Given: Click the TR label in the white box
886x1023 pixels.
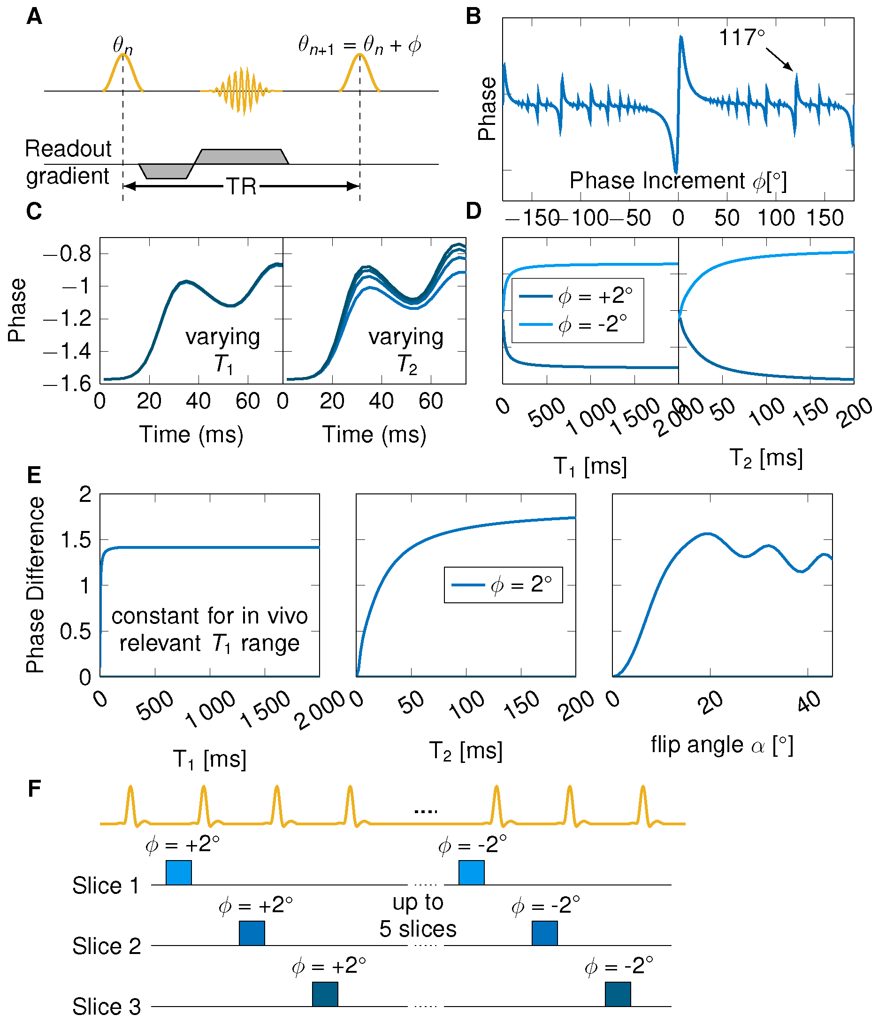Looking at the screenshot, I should tap(241, 186).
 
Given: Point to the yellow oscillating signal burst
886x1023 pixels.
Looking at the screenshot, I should tap(241, 91).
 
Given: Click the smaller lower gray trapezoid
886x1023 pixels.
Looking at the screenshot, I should tap(166, 171).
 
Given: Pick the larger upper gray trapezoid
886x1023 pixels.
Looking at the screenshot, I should tap(241, 157).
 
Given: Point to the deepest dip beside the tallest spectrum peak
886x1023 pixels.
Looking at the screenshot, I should tap(676, 171).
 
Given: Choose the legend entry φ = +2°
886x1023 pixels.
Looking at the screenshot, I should tap(576, 296).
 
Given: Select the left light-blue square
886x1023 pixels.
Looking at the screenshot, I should tap(178, 873).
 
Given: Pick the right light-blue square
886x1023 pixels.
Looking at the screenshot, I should tap(471, 873).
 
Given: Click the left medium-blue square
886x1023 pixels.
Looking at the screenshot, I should tap(252, 933).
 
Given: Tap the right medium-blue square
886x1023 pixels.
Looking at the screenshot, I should tap(544, 933).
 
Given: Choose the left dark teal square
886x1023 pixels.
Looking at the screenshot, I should tap(325, 994).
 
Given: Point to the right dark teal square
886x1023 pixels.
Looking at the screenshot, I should tap(618, 994).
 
